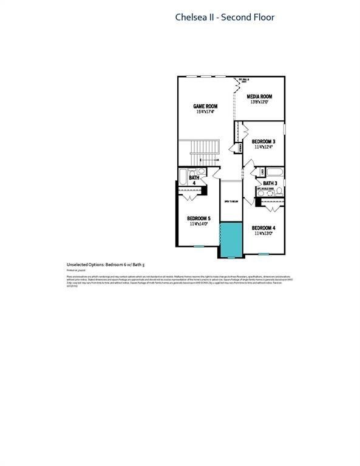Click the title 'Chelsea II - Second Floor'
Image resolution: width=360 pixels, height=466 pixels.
(x=225, y=18)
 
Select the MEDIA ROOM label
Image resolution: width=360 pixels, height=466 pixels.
(x=259, y=96)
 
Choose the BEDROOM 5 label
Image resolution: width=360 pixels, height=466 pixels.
(x=199, y=218)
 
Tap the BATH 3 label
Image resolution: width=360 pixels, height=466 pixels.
(x=270, y=183)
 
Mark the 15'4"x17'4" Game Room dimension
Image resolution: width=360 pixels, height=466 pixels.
(x=206, y=112)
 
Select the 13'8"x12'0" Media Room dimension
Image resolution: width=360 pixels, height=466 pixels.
(x=259, y=102)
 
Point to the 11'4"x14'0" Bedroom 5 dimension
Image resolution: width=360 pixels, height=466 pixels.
(x=199, y=224)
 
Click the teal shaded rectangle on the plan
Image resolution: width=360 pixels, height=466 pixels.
(x=231, y=238)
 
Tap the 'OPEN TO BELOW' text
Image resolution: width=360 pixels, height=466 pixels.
(x=231, y=202)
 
